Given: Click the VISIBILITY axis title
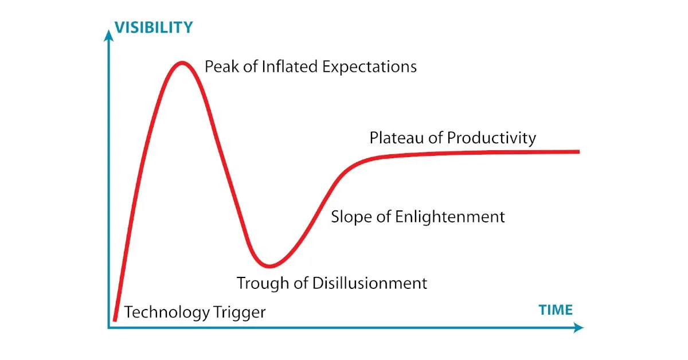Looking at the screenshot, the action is click(x=154, y=28).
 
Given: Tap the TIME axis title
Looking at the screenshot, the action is click(x=556, y=310).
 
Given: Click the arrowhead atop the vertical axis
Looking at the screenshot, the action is click(x=108, y=36).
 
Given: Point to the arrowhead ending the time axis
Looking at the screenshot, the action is click(x=578, y=328).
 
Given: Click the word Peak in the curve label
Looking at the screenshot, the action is click(x=222, y=66).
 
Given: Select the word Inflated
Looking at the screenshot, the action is click(x=290, y=66).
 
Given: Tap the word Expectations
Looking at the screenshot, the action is click(x=369, y=67).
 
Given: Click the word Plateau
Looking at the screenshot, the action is click(x=397, y=138).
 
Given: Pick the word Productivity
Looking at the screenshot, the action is click(x=491, y=138).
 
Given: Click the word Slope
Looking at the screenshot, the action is click(x=351, y=217).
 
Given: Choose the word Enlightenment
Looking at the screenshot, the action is click(x=449, y=217).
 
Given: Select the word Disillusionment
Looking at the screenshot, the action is click(x=369, y=283).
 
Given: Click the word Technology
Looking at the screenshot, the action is click(x=167, y=312).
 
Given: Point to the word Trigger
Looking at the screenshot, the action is click(x=240, y=312).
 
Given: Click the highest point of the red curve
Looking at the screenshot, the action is click(x=182, y=63).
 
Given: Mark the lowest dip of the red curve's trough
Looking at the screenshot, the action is click(x=269, y=266).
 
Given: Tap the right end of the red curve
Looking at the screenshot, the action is click(x=578, y=152).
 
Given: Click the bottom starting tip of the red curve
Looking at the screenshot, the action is click(x=115, y=320).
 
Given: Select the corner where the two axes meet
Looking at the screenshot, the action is click(x=108, y=328).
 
